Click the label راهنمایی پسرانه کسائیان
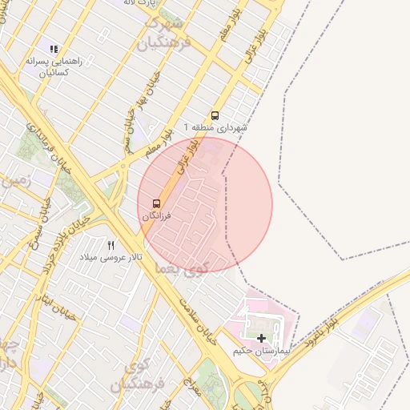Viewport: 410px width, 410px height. (x=50, y=66)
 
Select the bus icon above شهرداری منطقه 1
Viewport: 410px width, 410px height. (x=214, y=115)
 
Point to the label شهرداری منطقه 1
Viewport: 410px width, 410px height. (x=215, y=128)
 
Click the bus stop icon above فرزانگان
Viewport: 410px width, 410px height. (x=155, y=203)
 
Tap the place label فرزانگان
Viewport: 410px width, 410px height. (x=155, y=216)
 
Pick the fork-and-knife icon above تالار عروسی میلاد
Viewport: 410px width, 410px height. (x=111, y=244)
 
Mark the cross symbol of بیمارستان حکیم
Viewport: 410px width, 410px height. (x=261, y=339)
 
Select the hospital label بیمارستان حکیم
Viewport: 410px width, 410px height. (x=259, y=352)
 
